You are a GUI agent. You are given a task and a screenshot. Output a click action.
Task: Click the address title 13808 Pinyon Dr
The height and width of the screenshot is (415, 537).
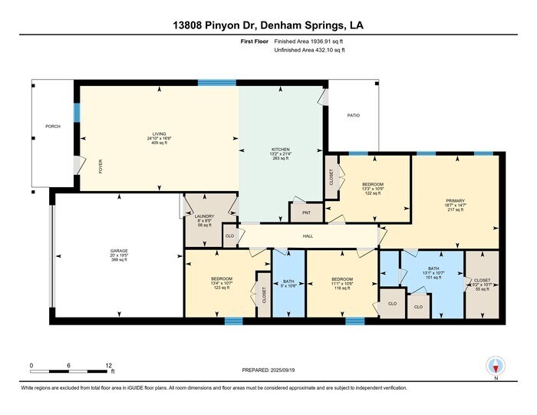pos(268,26)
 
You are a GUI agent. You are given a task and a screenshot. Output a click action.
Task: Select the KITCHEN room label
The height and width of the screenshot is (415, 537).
pos(280,149)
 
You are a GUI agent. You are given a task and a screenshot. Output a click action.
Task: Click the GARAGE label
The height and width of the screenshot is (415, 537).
pos(118,251)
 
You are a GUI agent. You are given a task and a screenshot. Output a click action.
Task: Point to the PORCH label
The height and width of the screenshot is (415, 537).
pos(53,126)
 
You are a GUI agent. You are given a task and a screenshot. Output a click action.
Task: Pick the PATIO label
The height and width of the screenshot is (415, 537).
pos(353,115)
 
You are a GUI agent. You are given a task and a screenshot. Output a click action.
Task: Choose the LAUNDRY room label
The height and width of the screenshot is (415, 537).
pos(203,217)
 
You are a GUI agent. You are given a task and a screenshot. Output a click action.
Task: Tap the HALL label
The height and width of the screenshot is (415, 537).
pos(307,236)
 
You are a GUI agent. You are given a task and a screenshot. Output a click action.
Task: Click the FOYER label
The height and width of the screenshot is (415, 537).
pos(100,166)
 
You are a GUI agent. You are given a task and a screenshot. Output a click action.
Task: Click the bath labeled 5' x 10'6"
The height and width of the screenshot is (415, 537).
pos(288,285)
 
